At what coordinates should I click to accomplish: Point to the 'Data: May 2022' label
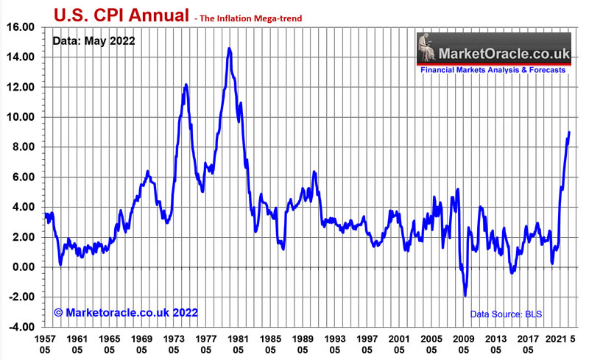(94, 41)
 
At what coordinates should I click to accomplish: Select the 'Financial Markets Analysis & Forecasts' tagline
(493, 70)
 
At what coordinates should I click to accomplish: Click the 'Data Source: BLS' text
(507, 314)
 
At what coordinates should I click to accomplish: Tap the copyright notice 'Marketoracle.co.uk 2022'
(126, 313)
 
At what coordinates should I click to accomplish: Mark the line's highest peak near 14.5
(229, 49)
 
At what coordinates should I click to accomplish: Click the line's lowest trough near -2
(465, 296)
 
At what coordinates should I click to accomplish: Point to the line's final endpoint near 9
(569, 133)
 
